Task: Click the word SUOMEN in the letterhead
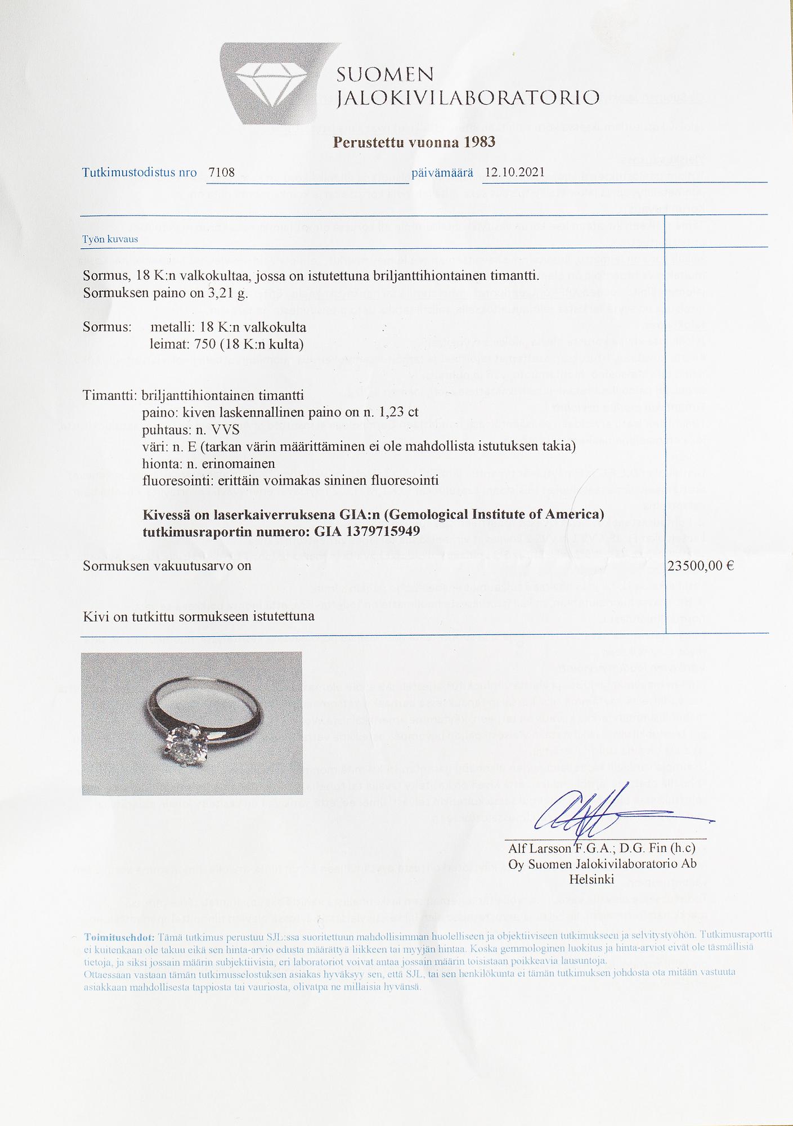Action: pyautogui.click(x=385, y=75)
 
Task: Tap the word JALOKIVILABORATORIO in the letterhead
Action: pyautogui.click(x=468, y=99)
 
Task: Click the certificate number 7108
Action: pyautogui.click(x=221, y=172)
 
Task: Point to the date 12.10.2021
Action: pyautogui.click(x=514, y=172)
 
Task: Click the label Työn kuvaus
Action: pyautogui.click(x=110, y=239)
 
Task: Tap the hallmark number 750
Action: pyautogui.click(x=205, y=344)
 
